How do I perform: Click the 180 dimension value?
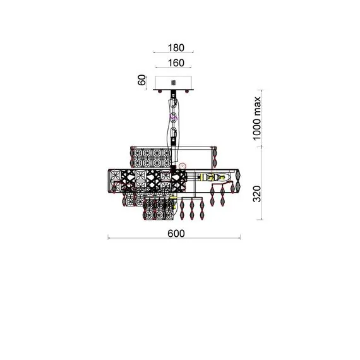coord(176,48)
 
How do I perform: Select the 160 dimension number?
coord(176,63)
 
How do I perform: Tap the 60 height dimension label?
coord(142,80)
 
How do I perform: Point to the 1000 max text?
coord(257,118)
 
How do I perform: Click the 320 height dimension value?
coord(257,194)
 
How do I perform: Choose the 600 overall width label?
coord(176,234)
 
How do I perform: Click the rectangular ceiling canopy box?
coord(173,83)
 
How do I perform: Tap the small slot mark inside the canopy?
coord(174,82)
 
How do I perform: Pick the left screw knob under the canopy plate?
coord(160,92)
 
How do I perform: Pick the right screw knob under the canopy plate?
coord(187,92)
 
